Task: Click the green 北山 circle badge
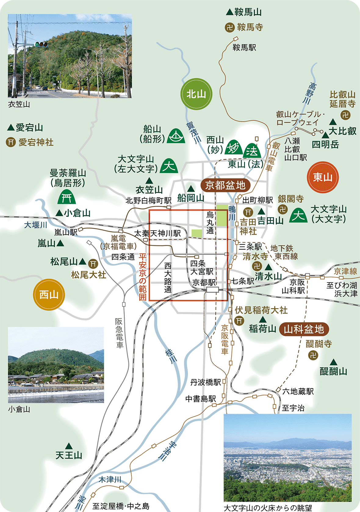[196, 94]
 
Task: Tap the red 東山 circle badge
[323, 177]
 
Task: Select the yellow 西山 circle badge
[49, 295]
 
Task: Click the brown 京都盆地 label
[225, 185]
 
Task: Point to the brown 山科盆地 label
[304, 329]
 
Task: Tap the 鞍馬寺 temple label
[250, 27]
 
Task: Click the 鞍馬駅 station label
[244, 48]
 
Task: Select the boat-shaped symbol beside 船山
[176, 136]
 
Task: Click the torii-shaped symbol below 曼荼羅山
[67, 197]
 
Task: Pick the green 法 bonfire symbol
[252, 150]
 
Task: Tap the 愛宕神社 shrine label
[36, 142]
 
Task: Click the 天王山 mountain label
[69, 455]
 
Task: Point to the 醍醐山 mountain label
[333, 371]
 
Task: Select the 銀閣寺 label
[290, 199]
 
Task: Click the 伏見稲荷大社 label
[261, 310]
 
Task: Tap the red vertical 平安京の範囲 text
[142, 276]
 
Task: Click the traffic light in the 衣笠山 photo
[41, 44]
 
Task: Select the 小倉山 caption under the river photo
[19, 409]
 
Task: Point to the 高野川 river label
[310, 93]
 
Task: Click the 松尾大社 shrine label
[88, 275]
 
